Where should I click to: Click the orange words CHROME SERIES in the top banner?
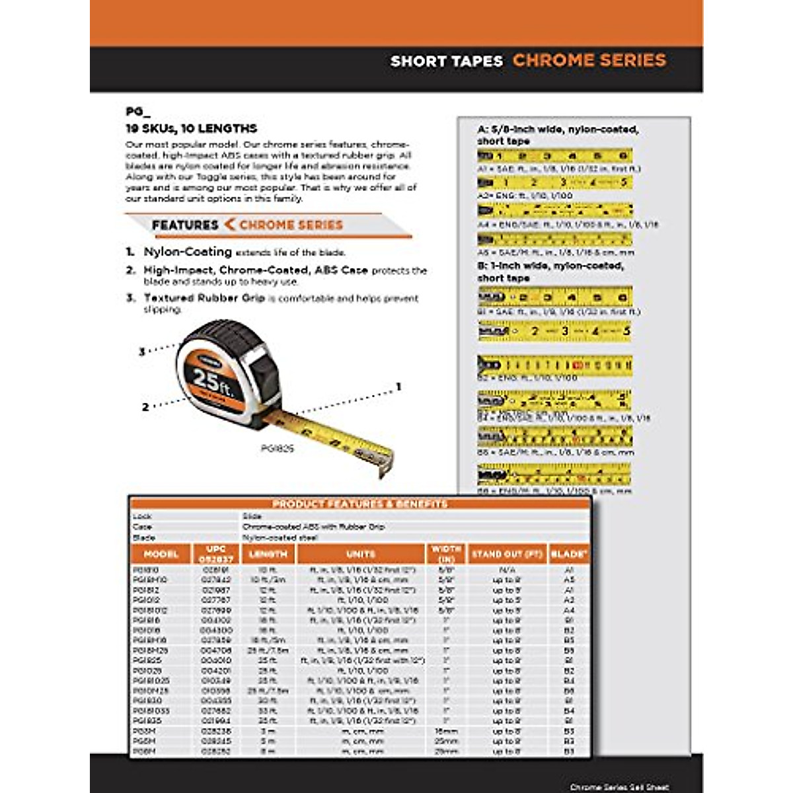pyautogui.click(x=589, y=60)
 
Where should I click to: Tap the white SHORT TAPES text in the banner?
pyautogui.click(x=447, y=61)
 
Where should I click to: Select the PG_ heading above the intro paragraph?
pyautogui.click(x=134, y=112)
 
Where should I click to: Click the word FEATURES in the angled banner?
pyautogui.click(x=185, y=225)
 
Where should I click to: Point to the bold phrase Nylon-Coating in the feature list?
pyautogui.click(x=188, y=252)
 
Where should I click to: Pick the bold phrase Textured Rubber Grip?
pyautogui.click(x=204, y=298)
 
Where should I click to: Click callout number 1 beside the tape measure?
pyautogui.click(x=398, y=387)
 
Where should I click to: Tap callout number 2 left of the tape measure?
pyautogui.click(x=145, y=407)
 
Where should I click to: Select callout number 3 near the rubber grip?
pyautogui.click(x=141, y=352)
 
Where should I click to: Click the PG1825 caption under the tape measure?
pyautogui.click(x=277, y=449)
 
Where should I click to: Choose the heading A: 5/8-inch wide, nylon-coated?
pyautogui.click(x=558, y=130)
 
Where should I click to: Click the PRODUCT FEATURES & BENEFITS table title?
pyautogui.click(x=360, y=504)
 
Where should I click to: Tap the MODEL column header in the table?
pyautogui.click(x=161, y=554)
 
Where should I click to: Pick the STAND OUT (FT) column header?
pyautogui.click(x=507, y=554)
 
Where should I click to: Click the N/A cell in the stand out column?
pyautogui.click(x=507, y=570)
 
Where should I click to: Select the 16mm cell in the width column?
pyautogui.click(x=446, y=732)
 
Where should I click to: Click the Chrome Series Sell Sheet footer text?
pyautogui.click(x=619, y=787)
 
